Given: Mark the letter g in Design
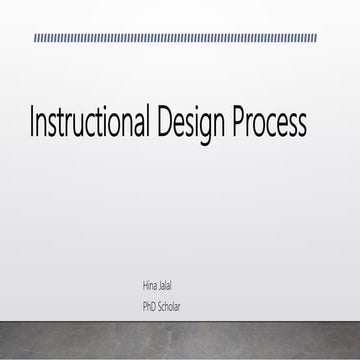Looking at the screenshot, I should [203, 128].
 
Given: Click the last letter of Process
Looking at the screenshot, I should [301, 125].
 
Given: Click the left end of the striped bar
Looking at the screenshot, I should [36, 38].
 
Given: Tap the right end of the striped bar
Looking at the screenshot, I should [315, 38].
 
